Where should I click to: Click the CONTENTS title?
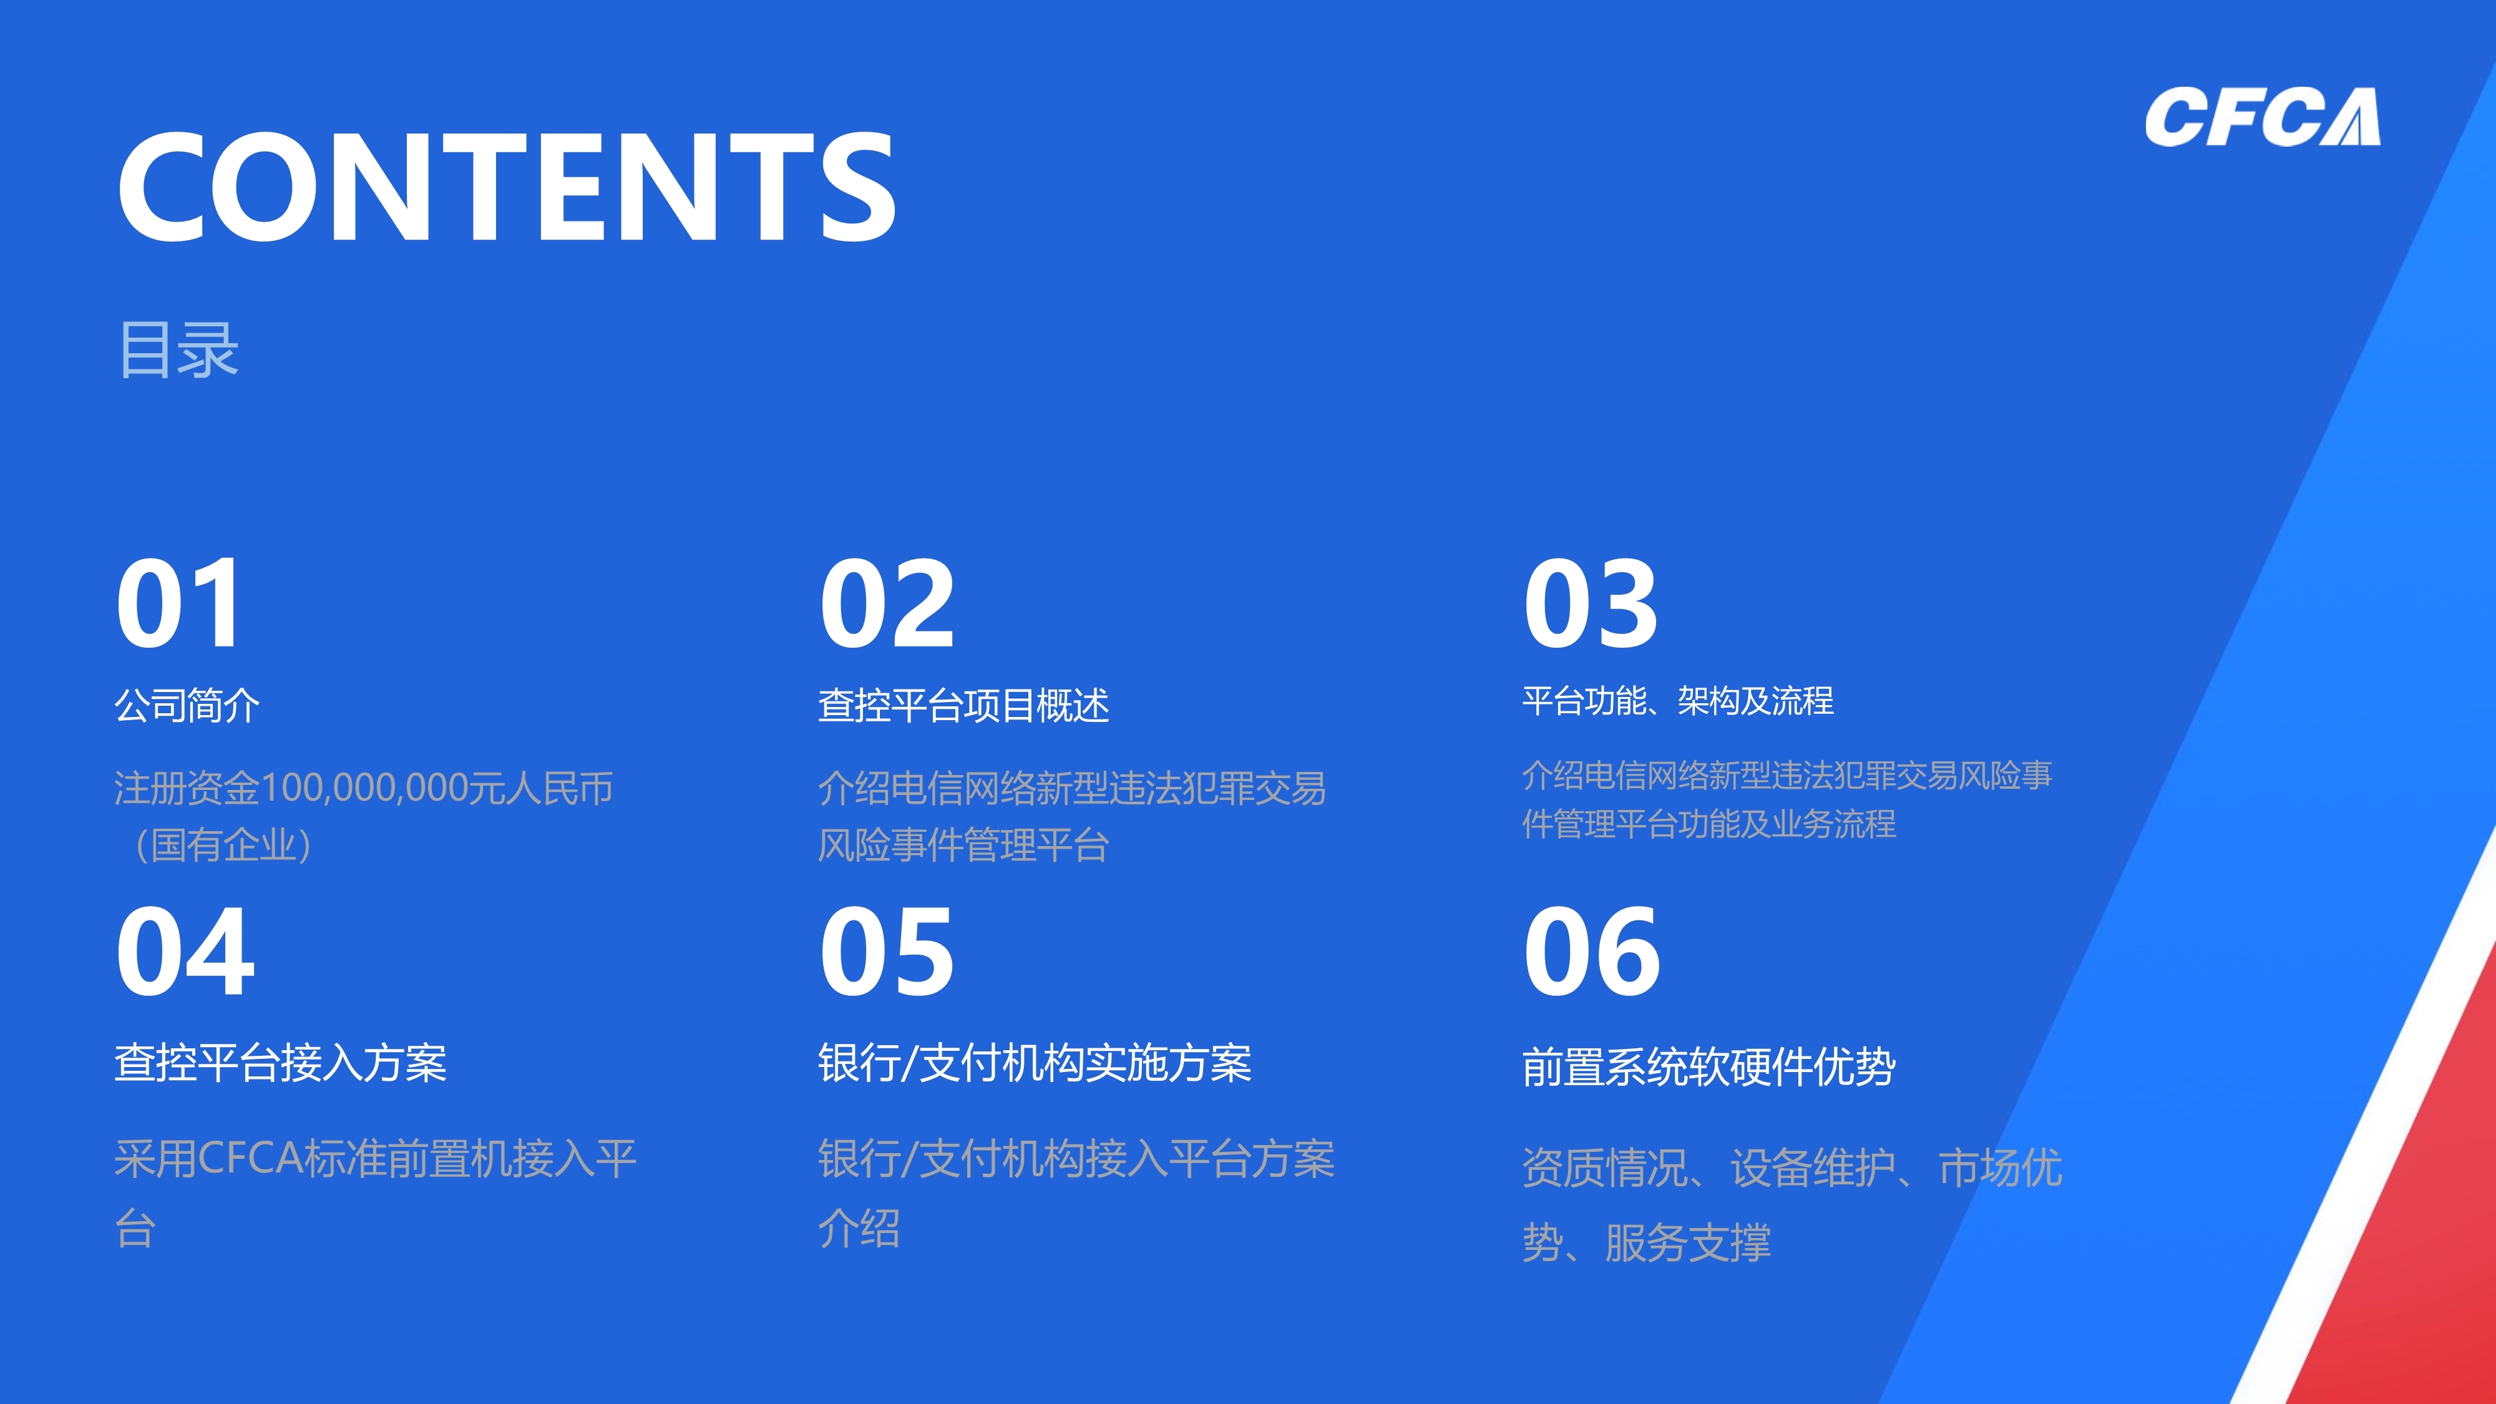[x=507, y=187]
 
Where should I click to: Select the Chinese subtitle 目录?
[x=178, y=350]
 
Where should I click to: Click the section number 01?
[x=178, y=603]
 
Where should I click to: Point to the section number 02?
[x=887, y=603]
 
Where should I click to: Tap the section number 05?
[x=887, y=952]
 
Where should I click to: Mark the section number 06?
[x=1591, y=952]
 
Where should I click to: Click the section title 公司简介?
[x=187, y=705]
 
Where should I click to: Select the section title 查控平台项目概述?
[x=963, y=705]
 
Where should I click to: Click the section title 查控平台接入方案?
[x=281, y=1063]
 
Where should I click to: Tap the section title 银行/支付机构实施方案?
[x=1035, y=1063]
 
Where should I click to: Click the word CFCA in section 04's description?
[x=250, y=1159]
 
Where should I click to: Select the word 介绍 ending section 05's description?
[x=859, y=1229]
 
